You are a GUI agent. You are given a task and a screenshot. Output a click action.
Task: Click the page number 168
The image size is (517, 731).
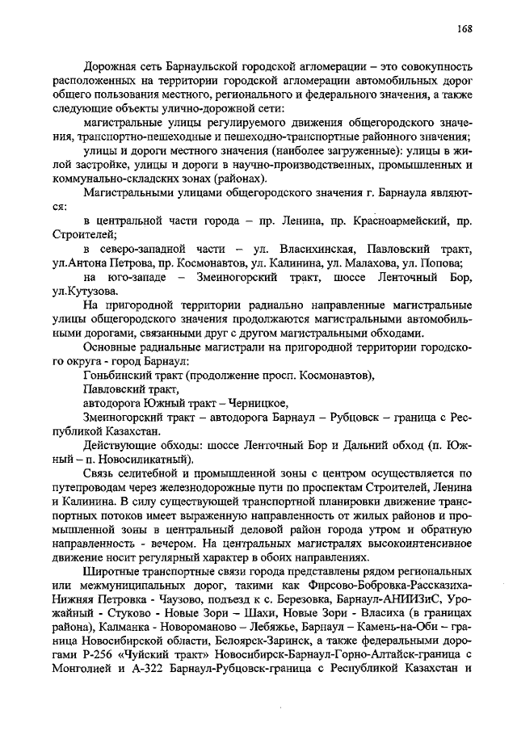463,28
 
